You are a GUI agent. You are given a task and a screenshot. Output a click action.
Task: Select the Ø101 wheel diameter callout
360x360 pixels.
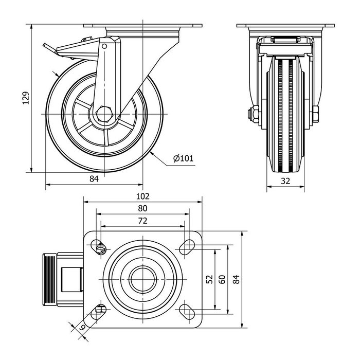183,158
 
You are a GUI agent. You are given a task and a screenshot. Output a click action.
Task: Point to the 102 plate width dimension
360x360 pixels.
142,196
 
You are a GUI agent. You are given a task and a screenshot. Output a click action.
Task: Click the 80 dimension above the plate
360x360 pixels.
142,208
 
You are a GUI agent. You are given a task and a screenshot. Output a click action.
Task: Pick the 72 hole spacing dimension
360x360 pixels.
142,221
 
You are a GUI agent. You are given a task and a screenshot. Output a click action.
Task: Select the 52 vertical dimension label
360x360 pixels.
209,279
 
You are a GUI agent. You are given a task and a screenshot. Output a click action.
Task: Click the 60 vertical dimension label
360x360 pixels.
222,279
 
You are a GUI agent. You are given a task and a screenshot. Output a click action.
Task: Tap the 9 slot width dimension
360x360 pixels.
82,327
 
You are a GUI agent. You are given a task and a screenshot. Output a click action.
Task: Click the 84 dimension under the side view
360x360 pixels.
94,179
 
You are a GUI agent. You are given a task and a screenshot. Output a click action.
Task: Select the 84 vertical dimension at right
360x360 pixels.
236,279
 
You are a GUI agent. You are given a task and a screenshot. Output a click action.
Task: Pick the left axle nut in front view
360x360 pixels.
255,114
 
